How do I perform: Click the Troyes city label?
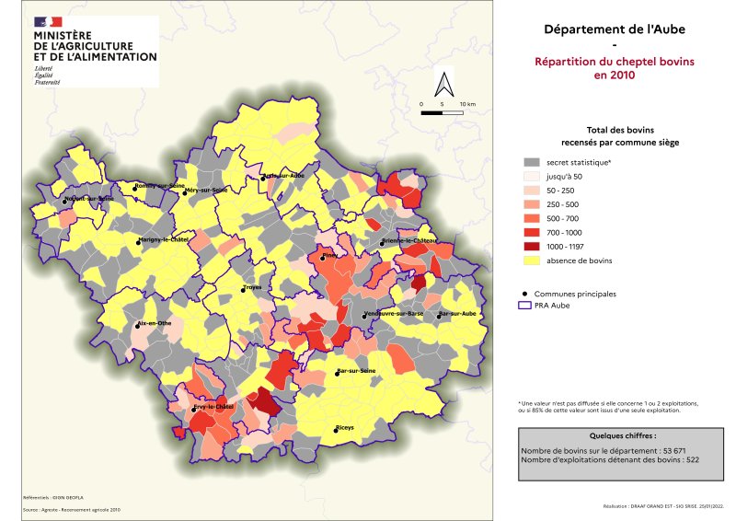[x=253, y=287]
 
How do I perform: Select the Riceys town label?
[x=345, y=428]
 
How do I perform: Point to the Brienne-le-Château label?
[x=408, y=241]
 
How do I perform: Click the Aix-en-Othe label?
[x=155, y=324]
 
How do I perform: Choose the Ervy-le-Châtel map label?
[x=213, y=406]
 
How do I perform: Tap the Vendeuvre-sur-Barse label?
[x=394, y=314]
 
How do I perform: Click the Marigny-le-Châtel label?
[x=162, y=240]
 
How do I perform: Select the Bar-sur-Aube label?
[x=457, y=314]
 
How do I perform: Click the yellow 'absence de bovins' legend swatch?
[x=531, y=260]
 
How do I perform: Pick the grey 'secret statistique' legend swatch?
[x=531, y=162]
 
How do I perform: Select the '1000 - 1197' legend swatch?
[x=531, y=247]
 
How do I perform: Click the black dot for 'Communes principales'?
[x=523, y=293]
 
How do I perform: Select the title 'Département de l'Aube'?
[x=615, y=29]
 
